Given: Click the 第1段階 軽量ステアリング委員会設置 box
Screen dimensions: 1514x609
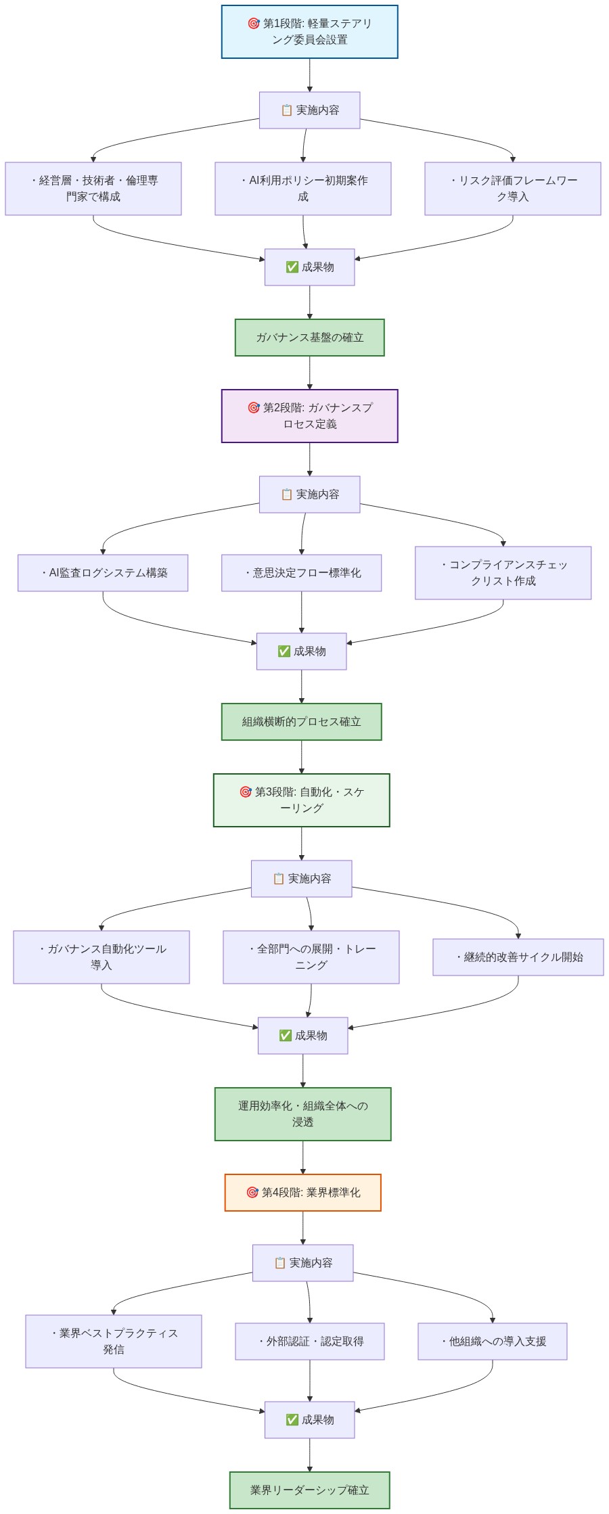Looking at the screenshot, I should tap(309, 32).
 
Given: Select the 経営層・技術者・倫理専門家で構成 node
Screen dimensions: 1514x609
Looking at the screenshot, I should tap(93, 189).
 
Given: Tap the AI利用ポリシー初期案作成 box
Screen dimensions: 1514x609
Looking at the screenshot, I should tap(303, 189).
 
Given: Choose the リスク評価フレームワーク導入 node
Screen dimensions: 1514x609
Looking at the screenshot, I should tap(513, 189).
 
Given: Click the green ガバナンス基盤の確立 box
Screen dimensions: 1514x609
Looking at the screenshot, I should tap(309, 338).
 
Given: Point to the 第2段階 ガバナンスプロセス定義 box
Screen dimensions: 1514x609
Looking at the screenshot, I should tap(309, 416).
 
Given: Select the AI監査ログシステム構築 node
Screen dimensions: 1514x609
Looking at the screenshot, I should tap(103, 573).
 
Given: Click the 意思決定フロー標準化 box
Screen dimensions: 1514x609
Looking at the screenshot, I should tap(302, 573).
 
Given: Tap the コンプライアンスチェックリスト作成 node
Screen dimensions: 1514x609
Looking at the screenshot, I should tap(503, 573).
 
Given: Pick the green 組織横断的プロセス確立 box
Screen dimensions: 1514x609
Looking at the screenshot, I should tap(302, 722).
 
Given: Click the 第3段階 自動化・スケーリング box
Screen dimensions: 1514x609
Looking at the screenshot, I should tap(302, 800).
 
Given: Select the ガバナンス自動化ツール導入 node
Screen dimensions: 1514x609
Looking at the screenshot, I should tap(101, 957).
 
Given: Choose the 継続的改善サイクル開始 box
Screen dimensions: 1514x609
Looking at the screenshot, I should tap(518, 957).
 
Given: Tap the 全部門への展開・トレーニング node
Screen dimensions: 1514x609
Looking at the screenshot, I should tap(311, 957).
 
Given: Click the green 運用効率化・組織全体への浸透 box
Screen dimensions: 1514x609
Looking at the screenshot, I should tap(303, 1114).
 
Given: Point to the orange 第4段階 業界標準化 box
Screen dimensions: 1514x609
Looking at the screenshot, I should tap(303, 1193).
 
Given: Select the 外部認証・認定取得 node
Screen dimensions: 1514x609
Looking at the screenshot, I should tap(310, 1341).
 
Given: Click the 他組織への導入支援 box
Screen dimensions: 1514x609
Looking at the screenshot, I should tap(493, 1341).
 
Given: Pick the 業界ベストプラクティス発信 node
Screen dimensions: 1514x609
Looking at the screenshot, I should tap(114, 1341).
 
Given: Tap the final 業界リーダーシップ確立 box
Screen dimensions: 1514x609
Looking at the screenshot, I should tap(309, 1490).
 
